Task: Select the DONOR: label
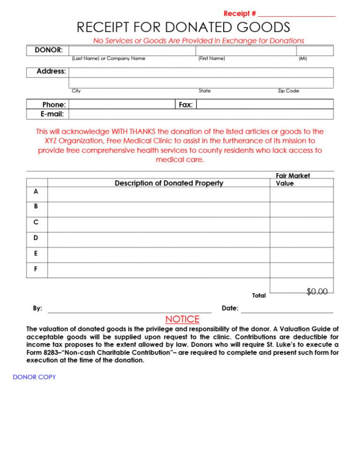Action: pos(49,50)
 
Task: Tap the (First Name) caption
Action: pos(212,59)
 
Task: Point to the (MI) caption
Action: pos(303,59)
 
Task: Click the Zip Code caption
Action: pos(288,91)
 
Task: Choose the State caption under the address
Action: pos(204,91)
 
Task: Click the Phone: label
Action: pos(54,104)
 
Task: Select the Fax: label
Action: pos(186,104)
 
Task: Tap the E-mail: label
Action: pos(52,114)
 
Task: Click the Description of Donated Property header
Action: pos(169,183)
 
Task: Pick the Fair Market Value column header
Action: pos(292,179)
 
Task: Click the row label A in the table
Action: pos(36,192)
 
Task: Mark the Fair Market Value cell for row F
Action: pos(301,270)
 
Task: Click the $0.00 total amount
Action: pos(317,292)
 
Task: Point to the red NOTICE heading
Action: pos(182,319)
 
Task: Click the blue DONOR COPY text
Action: pos(34,377)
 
